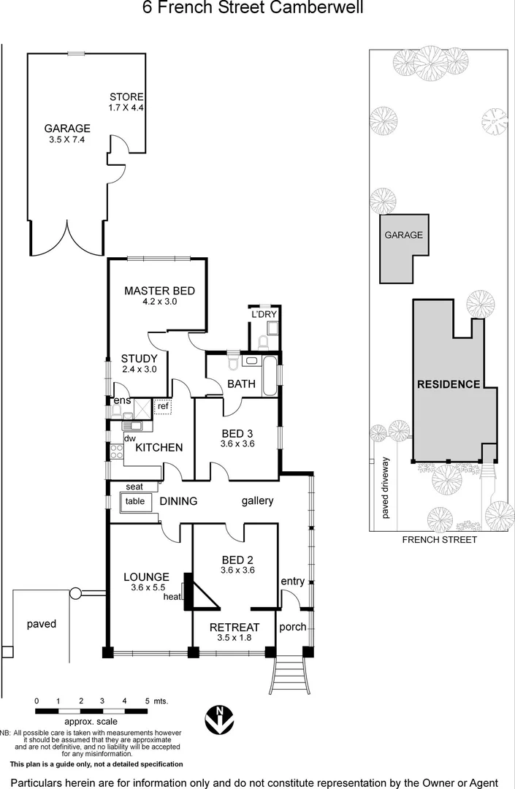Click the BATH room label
(x=241, y=383)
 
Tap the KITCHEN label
(x=159, y=447)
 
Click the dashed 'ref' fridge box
(x=163, y=407)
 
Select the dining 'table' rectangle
(x=135, y=501)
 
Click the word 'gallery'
(x=257, y=500)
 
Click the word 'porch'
(x=292, y=627)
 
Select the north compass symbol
(x=218, y=720)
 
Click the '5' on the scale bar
(x=147, y=701)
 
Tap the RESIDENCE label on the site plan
(x=448, y=384)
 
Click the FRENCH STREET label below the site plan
(x=440, y=540)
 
